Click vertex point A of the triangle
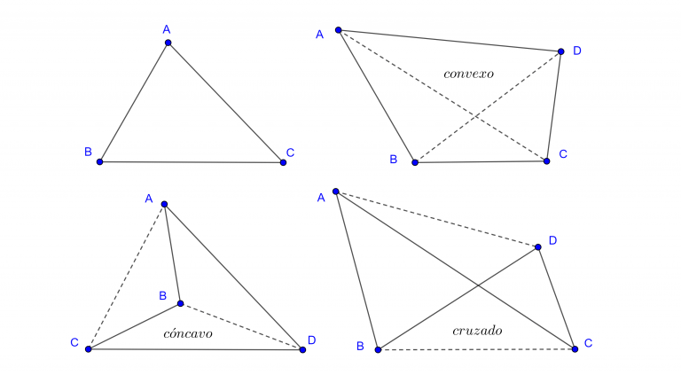tap(168, 43)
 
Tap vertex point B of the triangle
tap(99, 161)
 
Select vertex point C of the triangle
tap(283, 162)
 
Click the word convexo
tap(468, 74)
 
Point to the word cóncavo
tap(188, 334)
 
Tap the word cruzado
tap(477, 331)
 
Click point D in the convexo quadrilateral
tap(560, 51)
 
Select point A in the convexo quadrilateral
tap(338, 29)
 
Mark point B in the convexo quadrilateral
tap(414, 162)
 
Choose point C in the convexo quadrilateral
tap(546, 161)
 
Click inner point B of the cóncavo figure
tap(180, 303)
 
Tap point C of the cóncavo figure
tap(88, 348)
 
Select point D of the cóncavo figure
tap(302, 349)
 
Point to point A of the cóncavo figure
tap(164, 205)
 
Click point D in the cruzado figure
tap(538, 247)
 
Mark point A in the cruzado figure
tap(335, 191)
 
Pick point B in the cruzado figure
tap(377, 349)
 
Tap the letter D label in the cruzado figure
tap(552, 240)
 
